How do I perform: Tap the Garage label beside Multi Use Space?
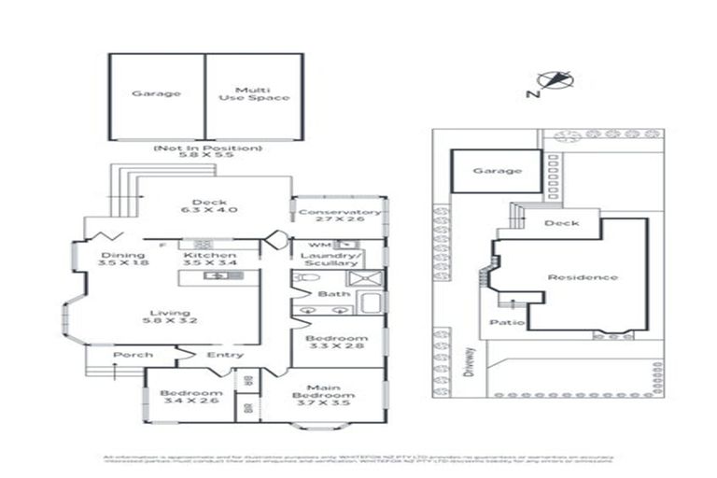pos(155,93)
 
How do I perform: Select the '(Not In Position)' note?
pos(207,148)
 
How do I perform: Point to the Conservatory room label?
pos(339,213)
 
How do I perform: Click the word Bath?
pos(332,294)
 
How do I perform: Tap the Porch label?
pos(133,355)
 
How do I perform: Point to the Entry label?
pos(225,355)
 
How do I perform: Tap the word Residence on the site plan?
pos(582,276)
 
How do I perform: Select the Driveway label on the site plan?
pos(471,356)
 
